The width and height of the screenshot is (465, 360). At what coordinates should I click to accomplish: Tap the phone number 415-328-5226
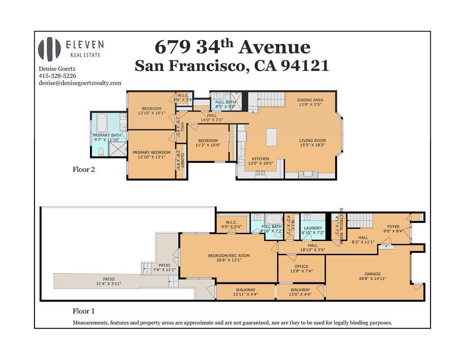pos(57,76)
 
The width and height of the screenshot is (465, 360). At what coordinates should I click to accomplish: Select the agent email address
pos(80,83)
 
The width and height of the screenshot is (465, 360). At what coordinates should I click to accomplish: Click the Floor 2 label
pos(84,170)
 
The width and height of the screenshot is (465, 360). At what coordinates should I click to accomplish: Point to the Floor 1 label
pos(84,311)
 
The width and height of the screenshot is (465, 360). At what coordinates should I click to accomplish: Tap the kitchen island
pos(272,137)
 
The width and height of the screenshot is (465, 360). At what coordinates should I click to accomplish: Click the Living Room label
pos(312,141)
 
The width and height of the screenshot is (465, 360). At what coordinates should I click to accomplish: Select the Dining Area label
pos(310,100)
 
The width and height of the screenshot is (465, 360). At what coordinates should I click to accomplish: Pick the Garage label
pos(372,274)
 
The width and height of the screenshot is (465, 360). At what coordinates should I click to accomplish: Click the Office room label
pos(302,266)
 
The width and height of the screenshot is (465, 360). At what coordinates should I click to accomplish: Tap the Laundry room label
pos(313,228)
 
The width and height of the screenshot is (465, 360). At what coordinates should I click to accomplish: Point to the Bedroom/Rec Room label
pos(229,256)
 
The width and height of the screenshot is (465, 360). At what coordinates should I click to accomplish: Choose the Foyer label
pos(393,227)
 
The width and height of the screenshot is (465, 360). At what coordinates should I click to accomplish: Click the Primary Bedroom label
pos(152,153)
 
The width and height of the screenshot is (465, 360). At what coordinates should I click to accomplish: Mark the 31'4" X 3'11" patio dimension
pos(109,284)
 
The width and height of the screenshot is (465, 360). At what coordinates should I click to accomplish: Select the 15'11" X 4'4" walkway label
pos(246,295)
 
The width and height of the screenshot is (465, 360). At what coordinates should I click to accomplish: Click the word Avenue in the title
pos(274,47)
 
